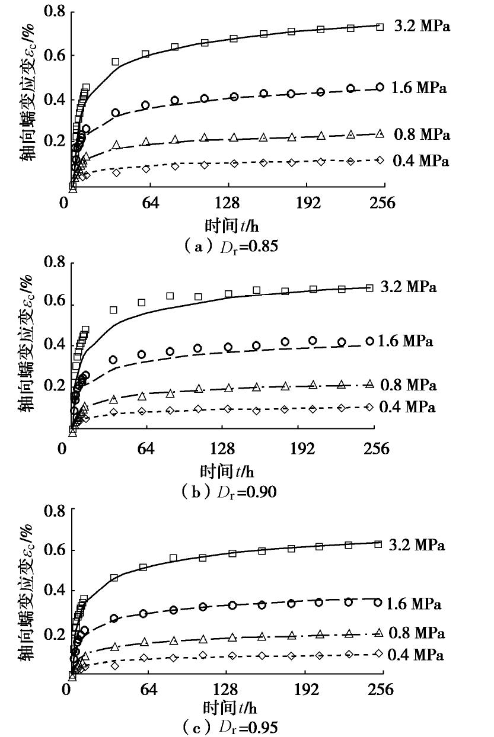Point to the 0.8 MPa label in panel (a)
[x=422, y=135]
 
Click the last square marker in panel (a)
[x=380, y=27]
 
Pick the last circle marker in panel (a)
[x=380, y=87]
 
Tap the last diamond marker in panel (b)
[x=369, y=407]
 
